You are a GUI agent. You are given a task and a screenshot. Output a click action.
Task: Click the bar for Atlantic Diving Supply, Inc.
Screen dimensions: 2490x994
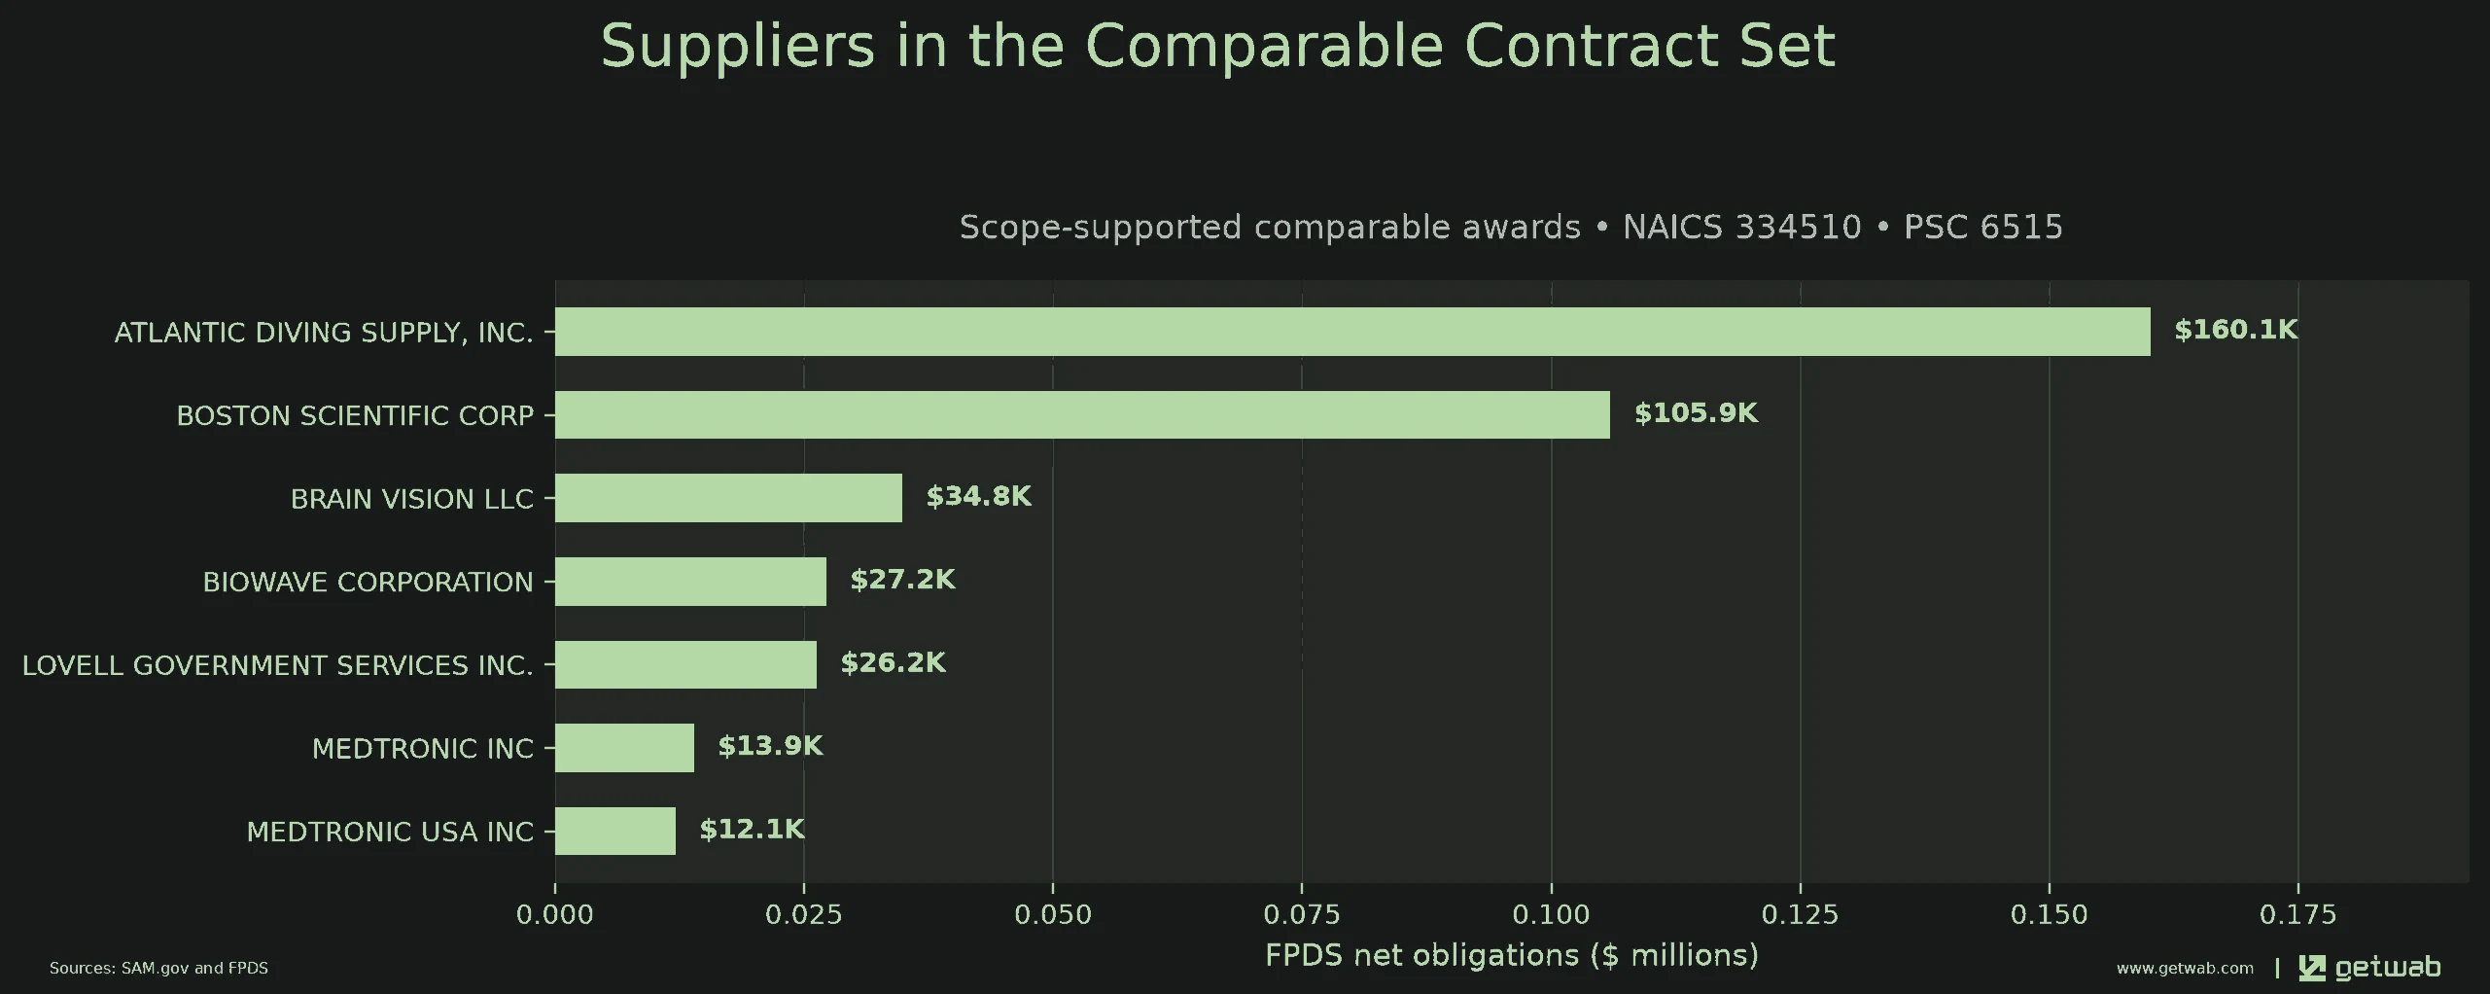pos(1352,332)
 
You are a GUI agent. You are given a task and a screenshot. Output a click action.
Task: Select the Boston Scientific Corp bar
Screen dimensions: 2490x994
pos(1082,414)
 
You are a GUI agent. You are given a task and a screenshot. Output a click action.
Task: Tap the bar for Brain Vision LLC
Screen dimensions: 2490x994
pos(728,498)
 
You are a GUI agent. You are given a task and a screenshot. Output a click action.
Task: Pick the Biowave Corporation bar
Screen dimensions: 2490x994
pos(690,582)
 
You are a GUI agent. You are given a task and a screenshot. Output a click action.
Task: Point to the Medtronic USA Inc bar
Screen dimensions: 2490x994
pos(615,831)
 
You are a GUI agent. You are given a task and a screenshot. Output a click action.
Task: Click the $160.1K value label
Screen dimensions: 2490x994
pos(2236,330)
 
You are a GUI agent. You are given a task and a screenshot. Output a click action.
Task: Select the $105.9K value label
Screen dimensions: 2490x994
pos(1696,413)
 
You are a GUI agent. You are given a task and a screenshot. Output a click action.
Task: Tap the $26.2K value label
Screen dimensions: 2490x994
pos(893,662)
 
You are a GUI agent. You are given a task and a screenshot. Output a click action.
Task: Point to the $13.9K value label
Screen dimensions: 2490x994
pos(770,746)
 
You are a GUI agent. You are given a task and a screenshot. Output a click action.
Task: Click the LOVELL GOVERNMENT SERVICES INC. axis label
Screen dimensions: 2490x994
pos(278,665)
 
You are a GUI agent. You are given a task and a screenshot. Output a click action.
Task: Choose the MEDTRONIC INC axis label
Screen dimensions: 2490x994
pos(423,748)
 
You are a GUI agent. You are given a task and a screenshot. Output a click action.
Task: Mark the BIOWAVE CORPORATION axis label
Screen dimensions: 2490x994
pos(368,582)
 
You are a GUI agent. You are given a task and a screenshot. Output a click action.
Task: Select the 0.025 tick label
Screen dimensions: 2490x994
pos(804,914)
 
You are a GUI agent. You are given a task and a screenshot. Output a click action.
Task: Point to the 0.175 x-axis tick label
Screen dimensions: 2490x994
pos(2298,914)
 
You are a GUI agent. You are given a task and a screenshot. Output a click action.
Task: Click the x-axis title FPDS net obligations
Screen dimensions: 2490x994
pos(1512,955)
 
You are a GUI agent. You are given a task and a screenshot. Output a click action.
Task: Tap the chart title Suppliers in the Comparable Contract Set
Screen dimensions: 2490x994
pos(1218,46)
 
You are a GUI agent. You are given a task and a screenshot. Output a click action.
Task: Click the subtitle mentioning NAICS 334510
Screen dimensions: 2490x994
pos(1511,227)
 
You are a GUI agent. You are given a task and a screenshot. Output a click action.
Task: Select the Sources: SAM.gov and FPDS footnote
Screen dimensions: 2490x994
pos(158,968)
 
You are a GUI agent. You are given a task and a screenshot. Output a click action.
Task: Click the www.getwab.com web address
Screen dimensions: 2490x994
pos(2185,968)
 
